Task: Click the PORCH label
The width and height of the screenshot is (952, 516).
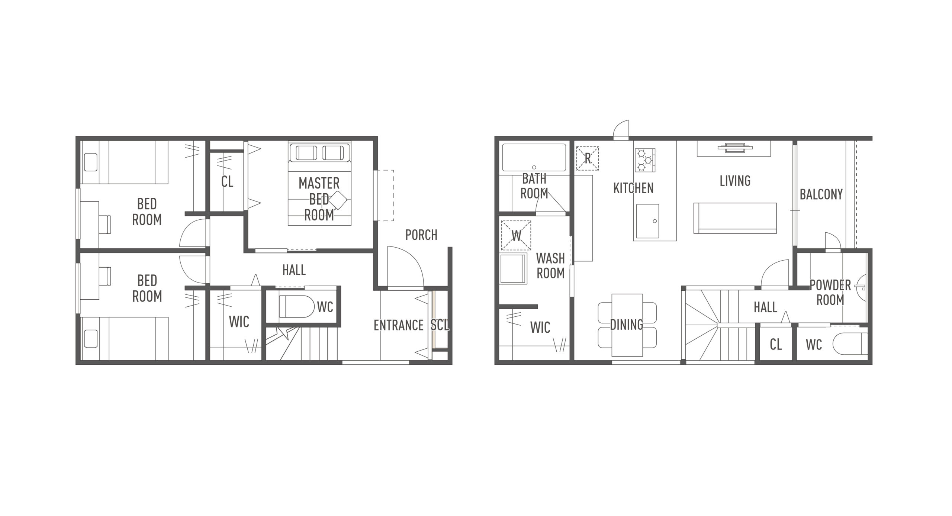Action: [421, 235]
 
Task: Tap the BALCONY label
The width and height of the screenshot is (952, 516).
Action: [821, 194]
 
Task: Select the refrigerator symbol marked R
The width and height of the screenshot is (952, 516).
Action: [588, 158]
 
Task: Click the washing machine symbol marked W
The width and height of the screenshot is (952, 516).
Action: [516, 236]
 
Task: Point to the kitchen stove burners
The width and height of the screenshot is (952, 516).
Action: [645, 160]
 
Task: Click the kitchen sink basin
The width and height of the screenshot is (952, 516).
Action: [647, 221]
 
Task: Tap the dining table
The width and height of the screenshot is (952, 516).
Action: [627, 325]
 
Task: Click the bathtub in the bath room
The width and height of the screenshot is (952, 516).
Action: [534, 158]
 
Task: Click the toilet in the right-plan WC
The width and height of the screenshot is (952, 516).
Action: [850, 345]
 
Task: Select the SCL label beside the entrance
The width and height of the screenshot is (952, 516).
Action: [440, 325]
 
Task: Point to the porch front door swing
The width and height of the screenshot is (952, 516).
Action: [405, 266]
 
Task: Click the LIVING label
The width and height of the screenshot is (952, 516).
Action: [735, 181]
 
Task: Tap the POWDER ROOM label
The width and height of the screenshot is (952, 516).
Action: [830, 293]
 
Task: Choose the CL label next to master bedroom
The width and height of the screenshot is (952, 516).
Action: [227, 182]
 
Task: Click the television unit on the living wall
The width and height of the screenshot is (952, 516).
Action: [734, 148]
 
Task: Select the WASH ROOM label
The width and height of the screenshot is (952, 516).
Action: [550, 266]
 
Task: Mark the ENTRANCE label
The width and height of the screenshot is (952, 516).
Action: [399, 325]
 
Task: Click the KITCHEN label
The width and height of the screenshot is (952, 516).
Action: [633, 188]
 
